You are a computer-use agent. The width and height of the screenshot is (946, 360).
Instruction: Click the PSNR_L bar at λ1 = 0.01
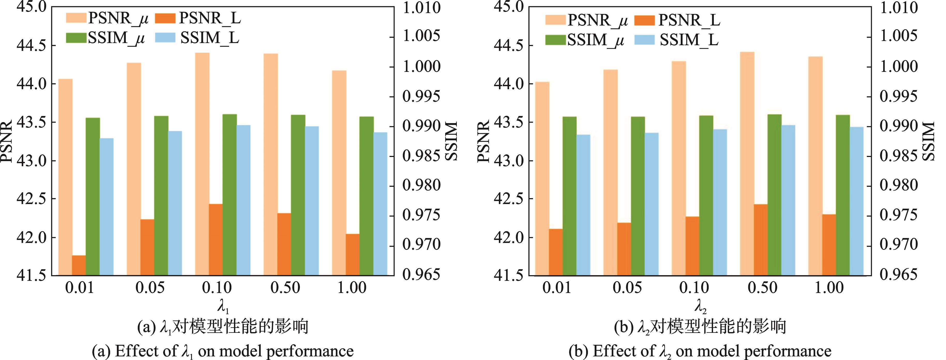(x=79, y=265)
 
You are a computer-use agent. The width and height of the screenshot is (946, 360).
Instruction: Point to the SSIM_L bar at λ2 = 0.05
(x=652, y=204)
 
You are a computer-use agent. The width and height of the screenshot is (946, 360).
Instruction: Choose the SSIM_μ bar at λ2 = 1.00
(x=843, y=195)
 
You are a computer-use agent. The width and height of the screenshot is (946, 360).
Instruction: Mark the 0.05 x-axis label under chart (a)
(x=150, y=288)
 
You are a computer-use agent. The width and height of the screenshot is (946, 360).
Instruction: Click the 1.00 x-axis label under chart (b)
(x=829, y=288)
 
